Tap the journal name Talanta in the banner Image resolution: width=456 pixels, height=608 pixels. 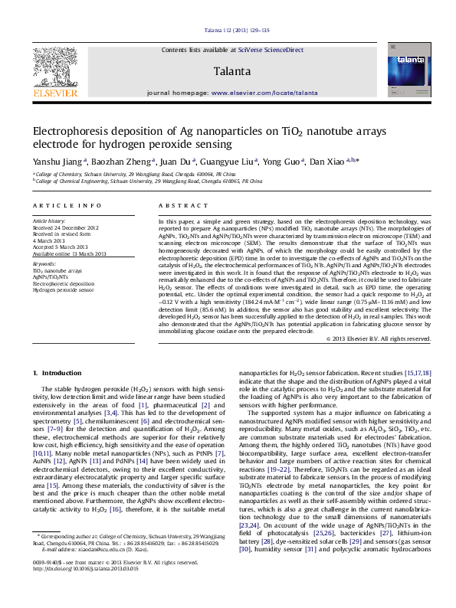tap(233, 71)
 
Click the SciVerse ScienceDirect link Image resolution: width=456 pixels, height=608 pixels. tap(271, 50)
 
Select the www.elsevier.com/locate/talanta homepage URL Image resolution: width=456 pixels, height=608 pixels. tap(264, 92)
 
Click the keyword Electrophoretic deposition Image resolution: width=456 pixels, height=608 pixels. tap(64, 283)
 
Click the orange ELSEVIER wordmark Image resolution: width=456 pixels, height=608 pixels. tap(54, 93)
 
